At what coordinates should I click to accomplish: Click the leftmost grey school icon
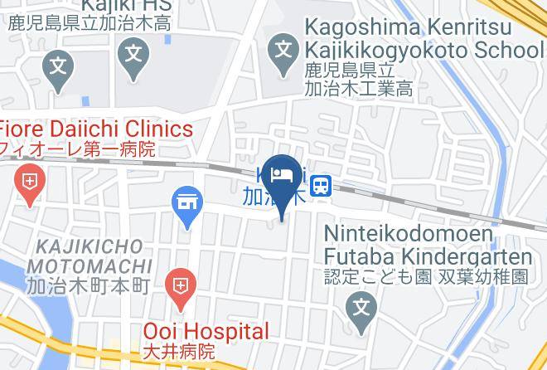click(x=57, y=62)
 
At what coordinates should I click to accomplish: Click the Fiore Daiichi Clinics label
click(x=96, y=129)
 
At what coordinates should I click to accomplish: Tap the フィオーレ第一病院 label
click(x=78, y=150)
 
